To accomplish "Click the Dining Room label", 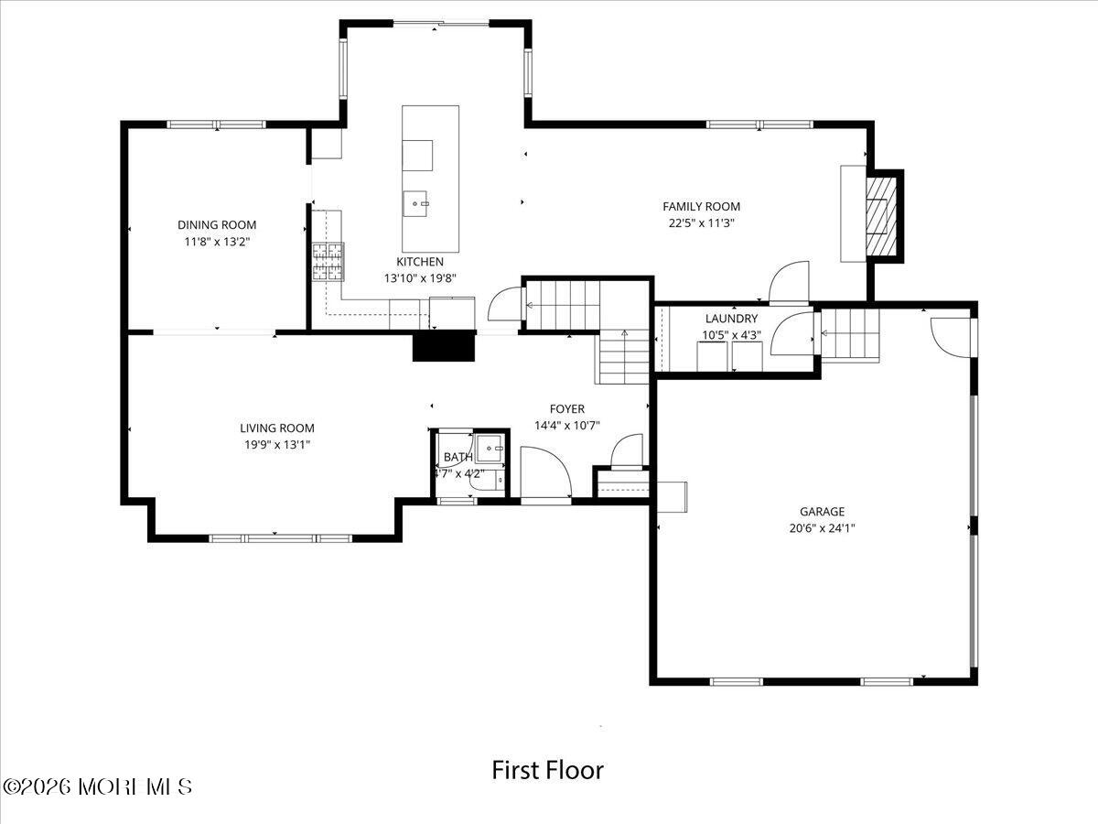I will (217, 224).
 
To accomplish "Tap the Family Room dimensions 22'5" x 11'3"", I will (701, 222).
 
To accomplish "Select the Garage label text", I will (822, 512).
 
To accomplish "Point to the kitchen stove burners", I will (328, 261).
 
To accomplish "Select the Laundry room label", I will (731, 319).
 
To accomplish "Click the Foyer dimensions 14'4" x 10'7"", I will (567, 425).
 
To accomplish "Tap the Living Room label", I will (277, 428).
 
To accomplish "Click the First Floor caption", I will (548, 770).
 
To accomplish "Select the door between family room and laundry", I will (788, 283).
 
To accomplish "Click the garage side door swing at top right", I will (951, 337).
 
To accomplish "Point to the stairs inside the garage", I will (849, 334).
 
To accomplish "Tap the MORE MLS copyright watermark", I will (98, 786).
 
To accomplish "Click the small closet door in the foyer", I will (627, 452).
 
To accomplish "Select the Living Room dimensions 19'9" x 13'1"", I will (277, 444).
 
